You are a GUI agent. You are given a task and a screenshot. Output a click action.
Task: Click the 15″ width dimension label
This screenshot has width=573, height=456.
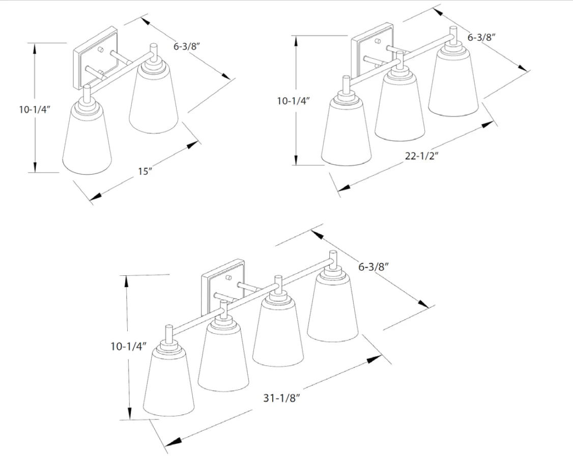coord(145,171)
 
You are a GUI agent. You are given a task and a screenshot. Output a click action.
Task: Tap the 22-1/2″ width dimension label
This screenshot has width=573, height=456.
coord(421,156)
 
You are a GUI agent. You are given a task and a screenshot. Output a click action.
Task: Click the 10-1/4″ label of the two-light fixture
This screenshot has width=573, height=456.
coord(35,109)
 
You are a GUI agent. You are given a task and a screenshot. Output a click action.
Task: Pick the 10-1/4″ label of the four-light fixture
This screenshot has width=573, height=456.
coord(128,346)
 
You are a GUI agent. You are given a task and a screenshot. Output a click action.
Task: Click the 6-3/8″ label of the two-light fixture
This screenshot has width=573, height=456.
coord(187,46)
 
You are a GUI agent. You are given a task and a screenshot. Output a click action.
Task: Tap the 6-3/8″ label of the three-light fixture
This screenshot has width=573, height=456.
coord(481,37)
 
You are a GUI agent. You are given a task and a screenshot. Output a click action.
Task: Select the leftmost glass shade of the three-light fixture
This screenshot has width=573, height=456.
coord(347,130)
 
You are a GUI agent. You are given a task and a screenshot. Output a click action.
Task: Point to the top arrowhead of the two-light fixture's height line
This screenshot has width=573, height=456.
coord(35,49)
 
